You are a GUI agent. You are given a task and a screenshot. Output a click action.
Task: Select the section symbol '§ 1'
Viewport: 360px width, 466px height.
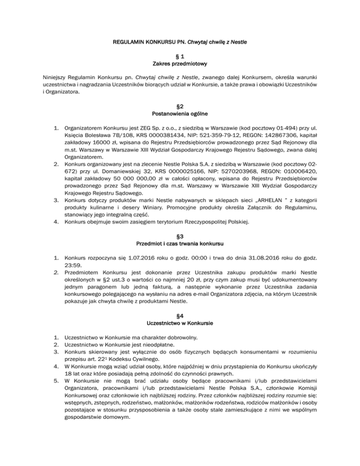180,54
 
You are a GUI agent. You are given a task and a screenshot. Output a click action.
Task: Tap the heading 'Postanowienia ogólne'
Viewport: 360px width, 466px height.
180,114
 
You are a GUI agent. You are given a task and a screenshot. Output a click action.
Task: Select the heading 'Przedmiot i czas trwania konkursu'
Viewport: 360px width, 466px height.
180,243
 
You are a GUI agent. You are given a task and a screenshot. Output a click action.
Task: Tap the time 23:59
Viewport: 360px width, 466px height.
74,265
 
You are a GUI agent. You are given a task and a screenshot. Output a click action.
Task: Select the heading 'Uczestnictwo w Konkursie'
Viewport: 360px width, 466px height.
180,323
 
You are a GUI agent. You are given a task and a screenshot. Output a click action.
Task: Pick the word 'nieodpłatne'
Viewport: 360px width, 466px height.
151,346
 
